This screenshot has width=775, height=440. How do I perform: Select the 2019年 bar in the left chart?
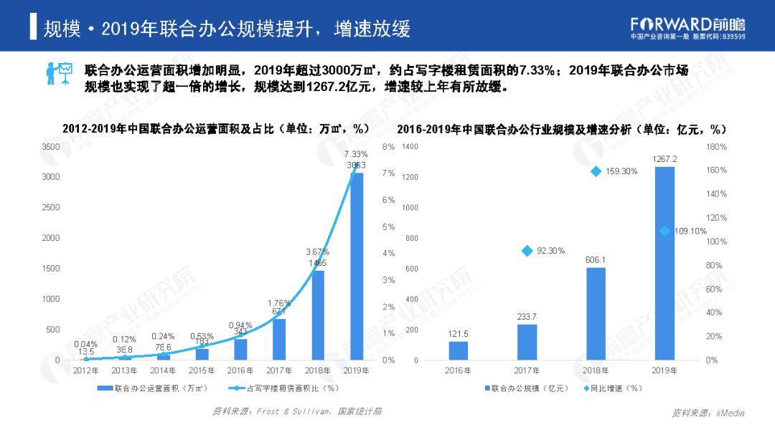pyautogui.click(x=357, y=265)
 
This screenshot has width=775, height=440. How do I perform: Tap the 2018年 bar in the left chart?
pyautogui.click(x=318, y=315)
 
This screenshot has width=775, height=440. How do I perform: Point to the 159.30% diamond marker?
pyautogui.click(x=596, y=171)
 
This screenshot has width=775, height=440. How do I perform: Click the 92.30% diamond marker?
pyautogui.click(x=527, y=251)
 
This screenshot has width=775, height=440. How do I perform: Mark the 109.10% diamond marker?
pyautogui.click(x=664, y=231)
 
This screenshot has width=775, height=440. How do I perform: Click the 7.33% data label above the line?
pyautogui.click(x=357, y=154)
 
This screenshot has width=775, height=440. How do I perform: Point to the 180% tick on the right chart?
pyautogui.click(x=717, y=147)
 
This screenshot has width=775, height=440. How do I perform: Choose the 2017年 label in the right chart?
pyautogui.click(x=527, y=370)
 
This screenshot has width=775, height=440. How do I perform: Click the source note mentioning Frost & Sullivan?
pyautogui.click(x=296, y=411)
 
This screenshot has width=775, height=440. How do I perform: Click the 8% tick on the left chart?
pyautogui.click(x=389, y=147)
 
